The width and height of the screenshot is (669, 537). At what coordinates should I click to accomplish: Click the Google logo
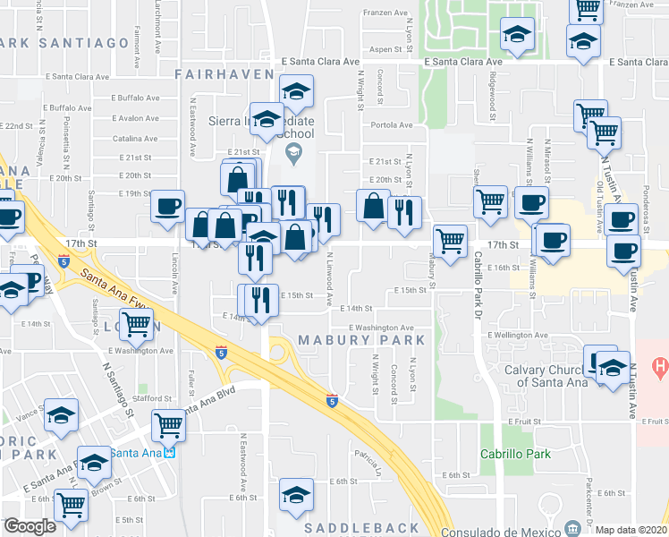click(30, 526)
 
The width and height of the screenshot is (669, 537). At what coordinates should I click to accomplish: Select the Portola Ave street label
click(392, 125)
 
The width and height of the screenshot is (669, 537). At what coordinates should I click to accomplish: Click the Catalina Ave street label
click(136, 139)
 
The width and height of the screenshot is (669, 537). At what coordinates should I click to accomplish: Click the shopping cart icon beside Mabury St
click(450, 239)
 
